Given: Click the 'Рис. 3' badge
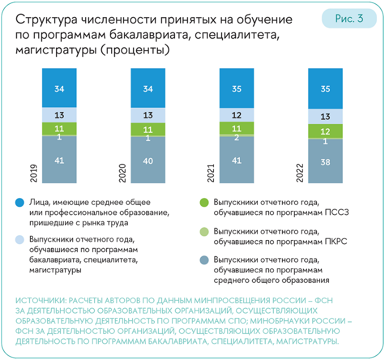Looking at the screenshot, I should (349, 19).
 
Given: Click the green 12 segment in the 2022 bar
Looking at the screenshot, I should (325, 131).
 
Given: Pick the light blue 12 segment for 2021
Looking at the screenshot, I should (237, 115).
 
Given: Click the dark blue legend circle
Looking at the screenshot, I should (20, 202).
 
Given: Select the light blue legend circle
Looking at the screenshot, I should (20, 240).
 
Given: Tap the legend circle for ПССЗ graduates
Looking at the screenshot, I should (204, 202).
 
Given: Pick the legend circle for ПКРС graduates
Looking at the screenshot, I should (204, 232).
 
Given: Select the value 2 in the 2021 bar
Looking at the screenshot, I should (237, 137).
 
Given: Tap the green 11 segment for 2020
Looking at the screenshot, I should (148, 129).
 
